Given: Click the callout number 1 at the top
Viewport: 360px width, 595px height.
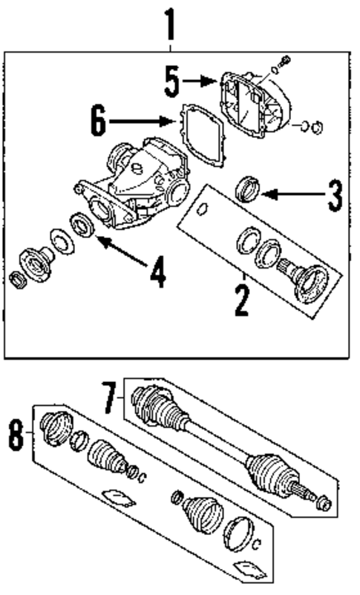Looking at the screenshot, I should click(x=170, y=24).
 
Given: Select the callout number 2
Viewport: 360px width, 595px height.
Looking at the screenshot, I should click(x=240, y=298).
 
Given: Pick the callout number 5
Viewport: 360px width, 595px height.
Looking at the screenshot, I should click(x=171, y=81).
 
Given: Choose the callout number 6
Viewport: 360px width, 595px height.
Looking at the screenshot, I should click(x=97, y=122).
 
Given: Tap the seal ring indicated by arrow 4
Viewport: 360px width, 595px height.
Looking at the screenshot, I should click(x=79, y=223).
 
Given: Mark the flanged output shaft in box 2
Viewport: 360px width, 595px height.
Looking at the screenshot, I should click(x=305, y=278).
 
